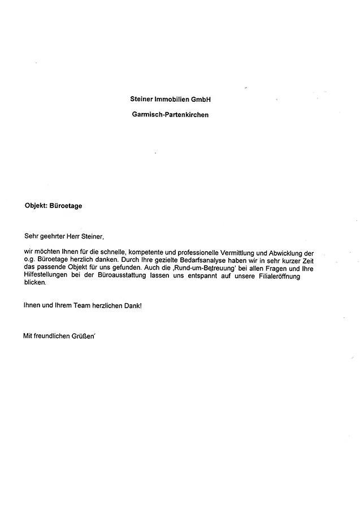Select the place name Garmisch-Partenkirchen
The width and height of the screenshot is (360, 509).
(170, 114)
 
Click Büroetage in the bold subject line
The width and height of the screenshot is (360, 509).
(66, 206)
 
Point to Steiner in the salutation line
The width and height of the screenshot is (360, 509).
(92, 235)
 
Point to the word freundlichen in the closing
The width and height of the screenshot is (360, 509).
(56, 336)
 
